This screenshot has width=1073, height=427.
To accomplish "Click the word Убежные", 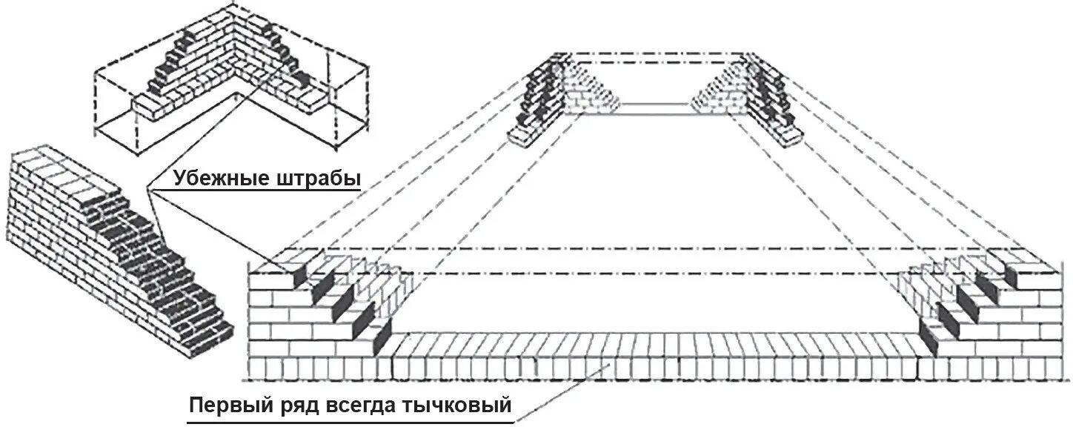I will (215, 178).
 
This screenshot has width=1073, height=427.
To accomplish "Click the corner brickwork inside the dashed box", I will (230, 74).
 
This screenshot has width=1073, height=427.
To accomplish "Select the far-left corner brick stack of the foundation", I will (545, 100).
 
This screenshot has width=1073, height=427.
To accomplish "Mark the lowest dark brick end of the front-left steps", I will (382, 338).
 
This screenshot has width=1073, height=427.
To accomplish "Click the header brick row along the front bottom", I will (652, 367).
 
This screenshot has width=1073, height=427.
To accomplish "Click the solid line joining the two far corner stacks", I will (656, 105).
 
